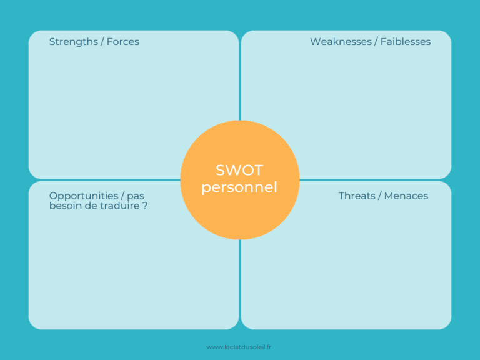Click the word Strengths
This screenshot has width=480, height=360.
pos(72,42)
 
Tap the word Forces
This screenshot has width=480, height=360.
pos(123,42)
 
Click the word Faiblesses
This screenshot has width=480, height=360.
pos(406,42)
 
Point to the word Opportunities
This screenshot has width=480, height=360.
pos(84,196)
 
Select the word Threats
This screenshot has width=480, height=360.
pos(357,196)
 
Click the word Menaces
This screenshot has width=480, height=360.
pos(406,196)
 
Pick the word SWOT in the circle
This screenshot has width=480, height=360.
pos(239,170)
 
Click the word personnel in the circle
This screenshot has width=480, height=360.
pos(239,187)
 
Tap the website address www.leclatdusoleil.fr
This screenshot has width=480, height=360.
pos(239,347)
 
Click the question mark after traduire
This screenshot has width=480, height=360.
pos(145,206)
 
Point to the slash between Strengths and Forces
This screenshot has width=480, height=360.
pos(102,42)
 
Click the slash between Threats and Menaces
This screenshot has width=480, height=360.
pos(380,196)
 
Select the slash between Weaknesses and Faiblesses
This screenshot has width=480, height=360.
pos(376,42)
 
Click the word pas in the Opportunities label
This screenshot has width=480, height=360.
pos(136,196)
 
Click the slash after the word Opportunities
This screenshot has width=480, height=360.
pos(122,196)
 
